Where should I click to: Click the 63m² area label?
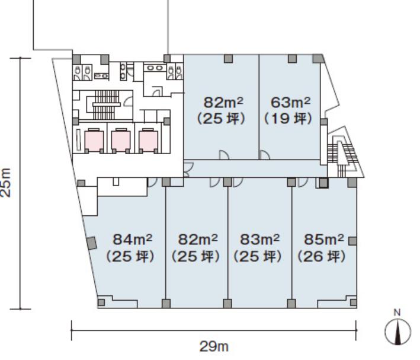coord(290,102)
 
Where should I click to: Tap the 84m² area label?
coord(132,239)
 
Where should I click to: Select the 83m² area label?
coord(259,239)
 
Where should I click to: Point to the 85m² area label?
coord(324,239)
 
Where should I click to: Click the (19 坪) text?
coord(288,118)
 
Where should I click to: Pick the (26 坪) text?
coord(322,256)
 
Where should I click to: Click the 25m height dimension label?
coord(6,183)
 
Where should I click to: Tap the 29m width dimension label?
coord(214,346)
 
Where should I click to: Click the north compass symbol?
coord(397,332)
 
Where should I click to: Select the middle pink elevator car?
coord(121,141)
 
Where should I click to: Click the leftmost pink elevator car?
coord(94,141)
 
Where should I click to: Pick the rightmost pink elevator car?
coord(149,141)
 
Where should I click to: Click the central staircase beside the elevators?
coord(106,104)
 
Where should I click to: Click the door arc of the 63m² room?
coord(265,155)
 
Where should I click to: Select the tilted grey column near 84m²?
coord(92,243)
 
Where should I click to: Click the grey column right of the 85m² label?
coord(352,241)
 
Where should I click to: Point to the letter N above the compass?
coord(397,313)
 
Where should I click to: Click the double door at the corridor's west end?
coord(188,170)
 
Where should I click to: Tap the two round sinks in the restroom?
coord(155,68)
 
